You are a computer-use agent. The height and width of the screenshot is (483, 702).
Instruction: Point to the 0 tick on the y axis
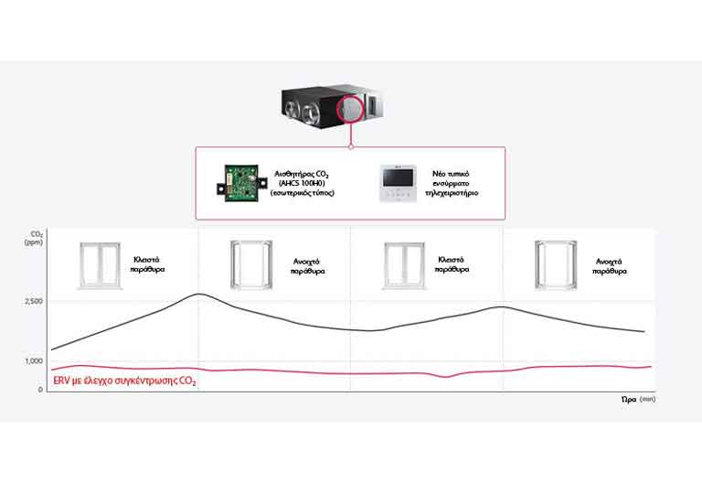coord(39,390)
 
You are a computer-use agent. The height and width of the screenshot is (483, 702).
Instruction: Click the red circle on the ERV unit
coord(350,110)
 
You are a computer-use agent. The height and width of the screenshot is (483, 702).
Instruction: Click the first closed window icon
coord(96,265)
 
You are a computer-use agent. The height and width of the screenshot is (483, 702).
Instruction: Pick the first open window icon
coord(249,265)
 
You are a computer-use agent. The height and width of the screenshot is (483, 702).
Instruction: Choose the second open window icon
coord(555,265)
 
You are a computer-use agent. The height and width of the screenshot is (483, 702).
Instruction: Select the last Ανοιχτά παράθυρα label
coord(611,266)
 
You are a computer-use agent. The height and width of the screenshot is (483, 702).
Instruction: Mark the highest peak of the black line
coord(198,294)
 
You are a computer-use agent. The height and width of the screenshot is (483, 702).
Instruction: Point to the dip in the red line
coord(446,376)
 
